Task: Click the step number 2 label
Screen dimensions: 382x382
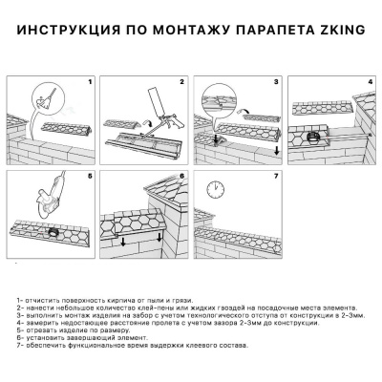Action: point(180,83)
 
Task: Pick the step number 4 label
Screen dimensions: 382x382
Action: point(371,83)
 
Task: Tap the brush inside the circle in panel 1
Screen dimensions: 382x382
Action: point(40,98)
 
